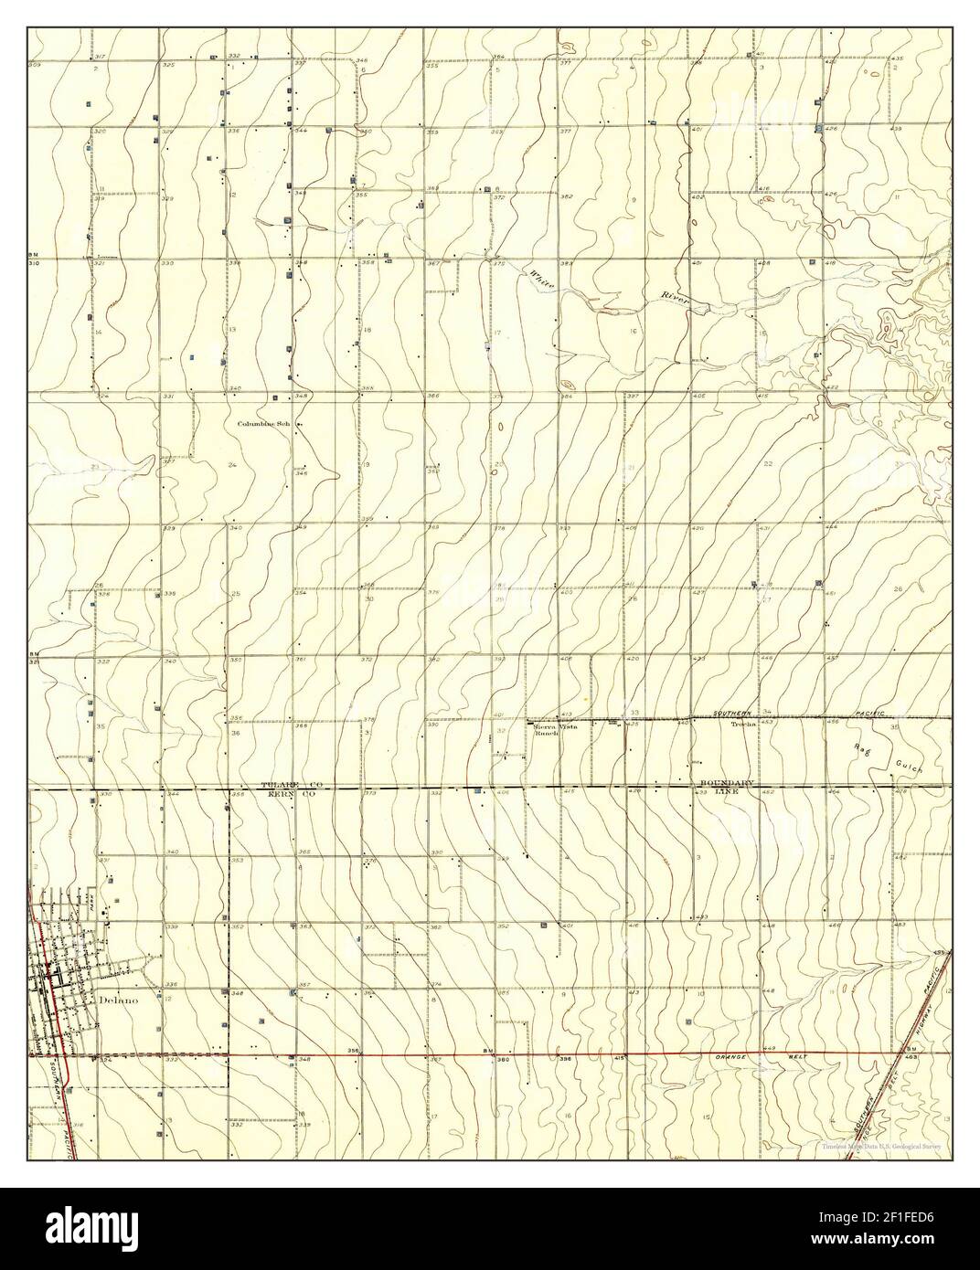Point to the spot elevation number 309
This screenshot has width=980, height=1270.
pos(36,66)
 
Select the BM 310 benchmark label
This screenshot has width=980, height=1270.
pos(35,259)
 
